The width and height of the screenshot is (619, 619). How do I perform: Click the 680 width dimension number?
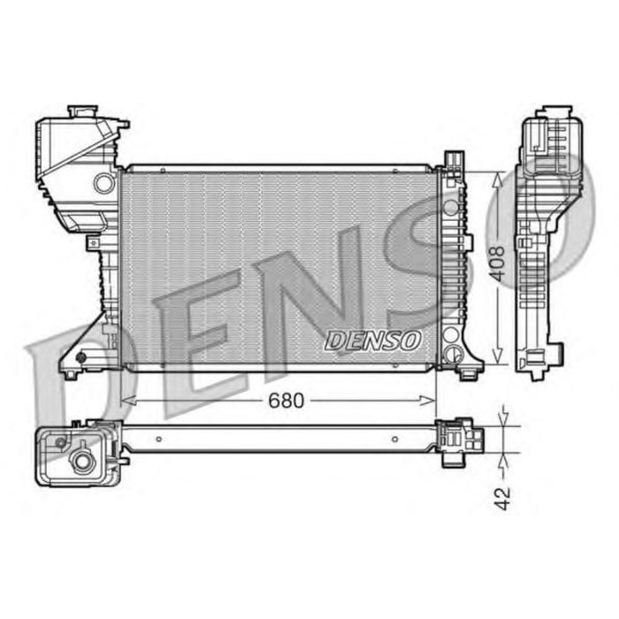pyautogui.click(x=286, y=401)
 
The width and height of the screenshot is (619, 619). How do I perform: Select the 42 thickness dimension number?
pyautogui.click(x=502, y=498)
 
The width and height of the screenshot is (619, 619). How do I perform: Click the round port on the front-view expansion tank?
pyautogui.click(x=104, y=183)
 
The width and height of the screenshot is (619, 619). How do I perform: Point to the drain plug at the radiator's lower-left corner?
pyautogui.click(x=81, y=357)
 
